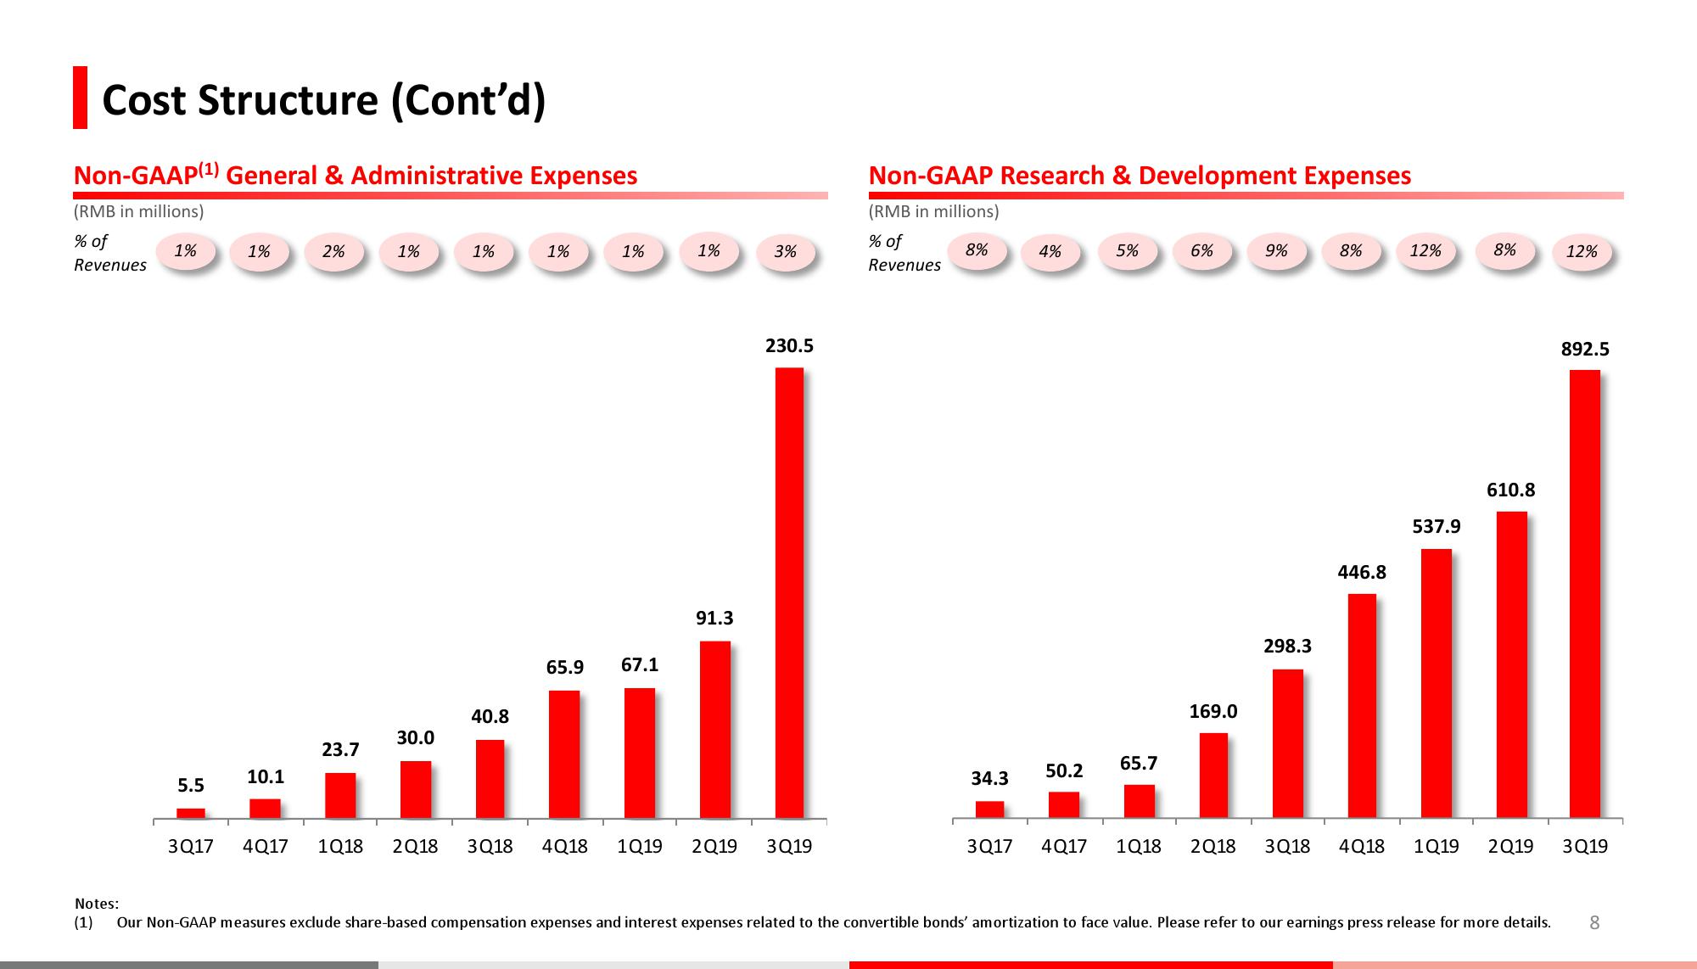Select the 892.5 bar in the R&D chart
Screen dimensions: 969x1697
tap(1584, 593)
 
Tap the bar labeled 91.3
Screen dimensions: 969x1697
tap(714, 729)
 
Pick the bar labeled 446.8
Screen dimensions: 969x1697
tap(1361, 705)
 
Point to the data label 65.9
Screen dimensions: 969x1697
tap(564, 668)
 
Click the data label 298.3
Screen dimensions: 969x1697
tap(1287, 647)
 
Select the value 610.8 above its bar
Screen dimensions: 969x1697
tap(1510, 490)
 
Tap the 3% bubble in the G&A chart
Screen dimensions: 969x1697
tap(786, 252)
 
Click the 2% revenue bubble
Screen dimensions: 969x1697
tap(334, 252)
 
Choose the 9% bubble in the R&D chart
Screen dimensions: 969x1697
tap(1276, 251)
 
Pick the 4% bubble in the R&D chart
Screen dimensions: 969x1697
tap(1050, 252)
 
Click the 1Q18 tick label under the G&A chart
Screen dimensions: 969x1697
tap(340, 847)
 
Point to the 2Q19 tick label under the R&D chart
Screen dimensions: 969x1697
tap(1510, 847)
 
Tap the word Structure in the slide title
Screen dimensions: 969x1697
tap(288, 100)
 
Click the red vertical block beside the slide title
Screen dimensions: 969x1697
tap(80, 98)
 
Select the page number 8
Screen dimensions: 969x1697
tap(1593, 923)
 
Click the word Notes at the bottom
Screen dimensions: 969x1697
tap(96, 905)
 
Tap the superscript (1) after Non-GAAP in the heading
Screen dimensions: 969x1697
tap(209, 170)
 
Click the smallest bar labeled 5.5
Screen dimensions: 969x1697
tap(191, 813)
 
